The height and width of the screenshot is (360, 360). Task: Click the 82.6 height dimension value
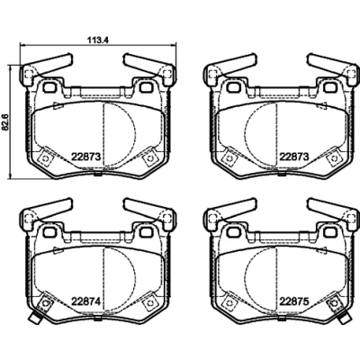pos(5,123)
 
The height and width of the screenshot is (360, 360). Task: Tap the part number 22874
pos(85,301)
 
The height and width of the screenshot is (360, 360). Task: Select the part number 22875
pos(293,301)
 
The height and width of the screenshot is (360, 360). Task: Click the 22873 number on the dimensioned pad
pos(85,157)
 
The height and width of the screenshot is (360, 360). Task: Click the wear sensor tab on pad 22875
pos(344,318)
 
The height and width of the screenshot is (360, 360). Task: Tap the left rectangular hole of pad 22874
pos(49,232)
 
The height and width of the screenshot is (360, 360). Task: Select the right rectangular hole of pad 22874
pos(146,232)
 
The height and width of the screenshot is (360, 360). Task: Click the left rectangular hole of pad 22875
pos(232,232)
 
